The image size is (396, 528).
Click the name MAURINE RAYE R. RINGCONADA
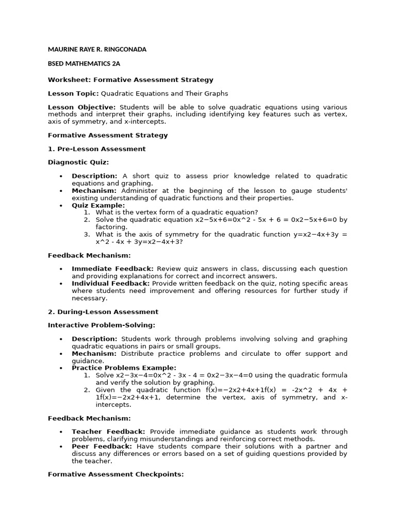97,49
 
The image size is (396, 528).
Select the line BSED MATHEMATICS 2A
84,64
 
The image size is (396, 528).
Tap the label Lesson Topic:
73,93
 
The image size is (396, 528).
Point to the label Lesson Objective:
81,107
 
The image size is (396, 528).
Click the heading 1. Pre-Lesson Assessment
96,149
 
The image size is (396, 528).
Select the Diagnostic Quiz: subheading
78,162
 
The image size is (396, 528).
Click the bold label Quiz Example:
98,205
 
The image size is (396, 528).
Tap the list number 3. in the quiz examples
87,234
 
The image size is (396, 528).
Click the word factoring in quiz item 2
110,227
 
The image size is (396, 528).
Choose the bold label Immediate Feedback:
112,269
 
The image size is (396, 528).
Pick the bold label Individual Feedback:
111,283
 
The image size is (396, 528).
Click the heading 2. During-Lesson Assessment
103,312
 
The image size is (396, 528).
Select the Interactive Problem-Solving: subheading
102,325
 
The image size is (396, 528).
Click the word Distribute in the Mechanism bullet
139,354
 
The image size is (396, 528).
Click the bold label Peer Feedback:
102,446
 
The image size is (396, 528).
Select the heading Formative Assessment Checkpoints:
115,474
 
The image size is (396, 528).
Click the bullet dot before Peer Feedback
61,447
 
